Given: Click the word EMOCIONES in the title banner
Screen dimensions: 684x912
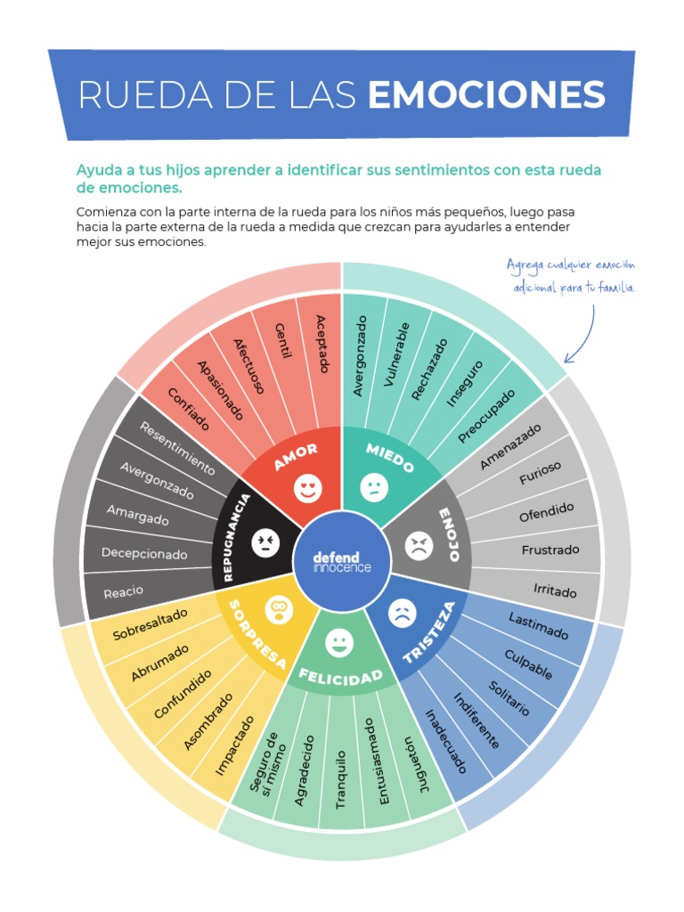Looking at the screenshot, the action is tap(486, 94).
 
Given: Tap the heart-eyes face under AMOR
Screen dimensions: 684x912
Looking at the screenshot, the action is tap(307, 489).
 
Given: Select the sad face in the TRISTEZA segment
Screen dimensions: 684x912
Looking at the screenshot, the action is tap(402, 613).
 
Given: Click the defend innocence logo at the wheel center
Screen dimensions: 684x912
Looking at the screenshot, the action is tap(341, 562).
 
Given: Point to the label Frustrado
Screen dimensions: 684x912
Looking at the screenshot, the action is tap(550, 550).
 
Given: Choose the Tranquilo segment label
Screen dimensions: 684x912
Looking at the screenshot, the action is tap(341, 779).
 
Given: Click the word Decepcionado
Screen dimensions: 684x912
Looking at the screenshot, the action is tap(144, 552).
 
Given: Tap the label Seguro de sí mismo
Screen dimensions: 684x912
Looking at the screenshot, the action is tap(268, 763).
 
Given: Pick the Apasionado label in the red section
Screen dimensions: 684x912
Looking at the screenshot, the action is tap(220, 390).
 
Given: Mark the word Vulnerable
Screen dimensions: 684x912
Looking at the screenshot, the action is tap(396, 354).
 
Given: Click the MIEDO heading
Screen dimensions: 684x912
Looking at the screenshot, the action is tap(390, 458).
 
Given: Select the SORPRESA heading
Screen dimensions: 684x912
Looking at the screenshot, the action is tap(257, 634).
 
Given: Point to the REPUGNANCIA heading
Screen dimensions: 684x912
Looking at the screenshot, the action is tap(237, 537).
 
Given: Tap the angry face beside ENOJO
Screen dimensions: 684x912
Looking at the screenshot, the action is tap(419, 546).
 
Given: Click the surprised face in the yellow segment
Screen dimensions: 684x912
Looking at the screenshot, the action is tap(279, 609).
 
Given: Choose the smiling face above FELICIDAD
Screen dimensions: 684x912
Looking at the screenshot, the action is tap(339, 643).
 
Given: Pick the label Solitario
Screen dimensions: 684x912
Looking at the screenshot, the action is tap(509, 698).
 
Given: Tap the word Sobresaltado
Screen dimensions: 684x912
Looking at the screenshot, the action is tap(150, 624).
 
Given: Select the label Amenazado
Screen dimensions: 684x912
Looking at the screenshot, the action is tap(510, 447).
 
